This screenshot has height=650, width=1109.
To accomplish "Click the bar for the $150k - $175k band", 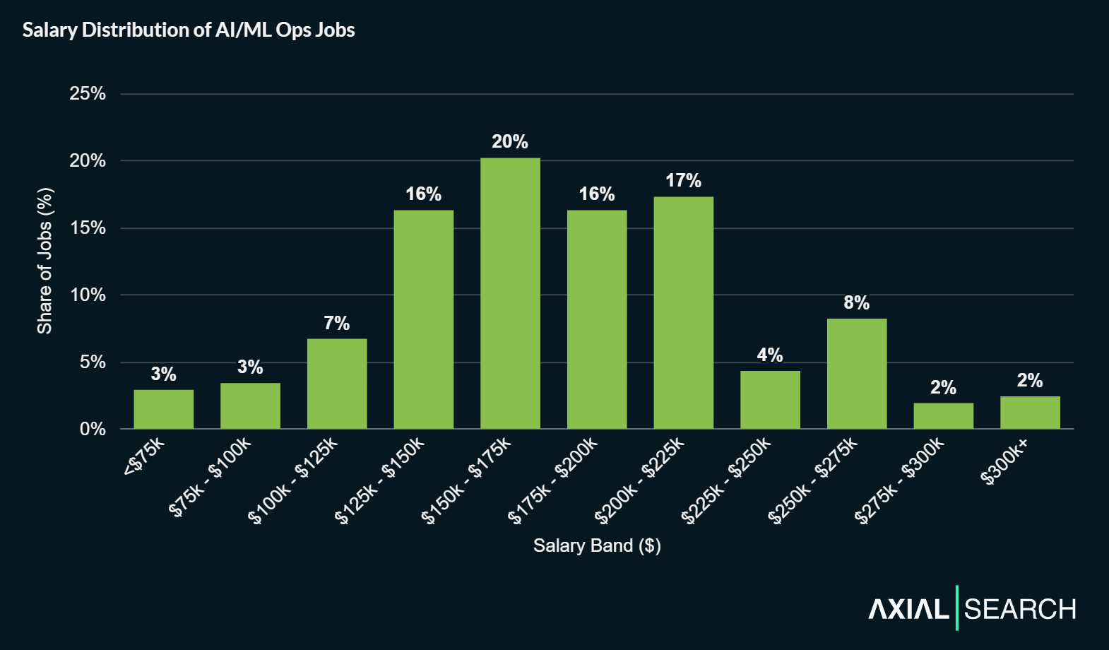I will coord(510,293).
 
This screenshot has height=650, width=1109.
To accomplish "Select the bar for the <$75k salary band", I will coord(163,409).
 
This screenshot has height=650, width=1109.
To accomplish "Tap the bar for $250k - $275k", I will coord(856,374).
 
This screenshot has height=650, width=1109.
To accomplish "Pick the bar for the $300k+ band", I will coord(1030,413).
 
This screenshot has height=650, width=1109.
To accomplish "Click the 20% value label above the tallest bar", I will coord(510,142).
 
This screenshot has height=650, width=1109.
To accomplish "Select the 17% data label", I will coord(683,181).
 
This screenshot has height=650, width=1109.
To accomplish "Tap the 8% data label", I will coord(856,303).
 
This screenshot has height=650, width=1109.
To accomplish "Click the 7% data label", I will coord(337,324).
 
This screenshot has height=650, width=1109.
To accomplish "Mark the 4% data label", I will coord(770,355).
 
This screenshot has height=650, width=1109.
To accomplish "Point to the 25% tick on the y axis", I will coord(88,94).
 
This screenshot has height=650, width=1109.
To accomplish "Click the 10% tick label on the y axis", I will coord(88,295).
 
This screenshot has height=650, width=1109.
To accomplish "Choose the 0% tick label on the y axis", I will coord(93,429).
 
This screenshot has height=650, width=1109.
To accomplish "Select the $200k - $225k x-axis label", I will coord(640,480).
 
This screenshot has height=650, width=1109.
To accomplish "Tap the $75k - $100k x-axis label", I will coord(210,477).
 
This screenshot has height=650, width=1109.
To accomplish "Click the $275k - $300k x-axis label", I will coord(899,480).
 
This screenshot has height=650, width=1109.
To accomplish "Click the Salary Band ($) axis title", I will coord(597,545).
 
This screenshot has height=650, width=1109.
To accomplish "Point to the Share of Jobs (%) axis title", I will coord(45,261).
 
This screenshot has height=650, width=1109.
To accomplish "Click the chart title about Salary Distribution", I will coord(189,30).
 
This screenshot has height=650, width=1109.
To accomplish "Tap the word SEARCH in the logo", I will coord(1020,609).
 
